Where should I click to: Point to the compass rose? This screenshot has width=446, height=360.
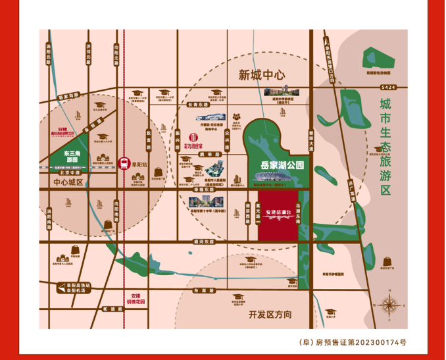[x=389, y=304]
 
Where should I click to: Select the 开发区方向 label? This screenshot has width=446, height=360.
[x=270, y=315]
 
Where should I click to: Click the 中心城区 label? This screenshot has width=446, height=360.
[x=68, y=182]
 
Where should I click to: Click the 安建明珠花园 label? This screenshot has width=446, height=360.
[x=136, y=299]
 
